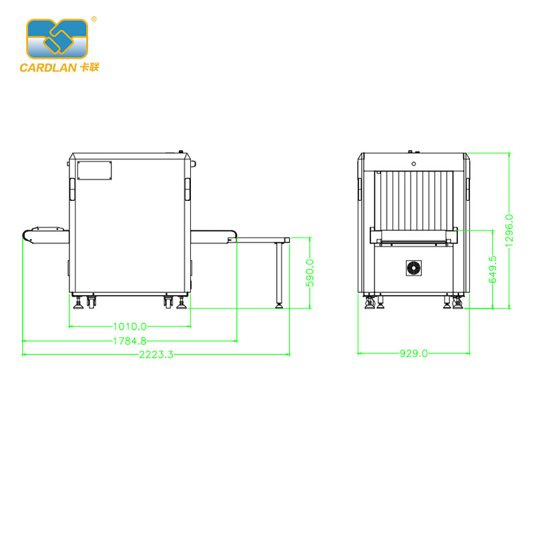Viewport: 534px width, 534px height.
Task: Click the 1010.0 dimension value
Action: click(x=129, y=326)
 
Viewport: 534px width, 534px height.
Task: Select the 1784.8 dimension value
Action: click(x=129, y=341)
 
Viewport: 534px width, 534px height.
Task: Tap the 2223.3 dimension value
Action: click(x=156, y=354)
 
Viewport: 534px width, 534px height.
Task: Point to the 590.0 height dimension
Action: click(x=310, y=273)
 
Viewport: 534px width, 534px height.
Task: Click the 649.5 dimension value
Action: click(x=493, y=270)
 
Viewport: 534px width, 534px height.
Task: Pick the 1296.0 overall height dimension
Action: click(x=509, y=230)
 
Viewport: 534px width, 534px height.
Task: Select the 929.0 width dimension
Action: click(x=414, y=354)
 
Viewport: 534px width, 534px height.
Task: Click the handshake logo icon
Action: click(x=57, y=39)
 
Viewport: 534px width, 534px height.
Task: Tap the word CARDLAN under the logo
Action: click(x=48, y=67)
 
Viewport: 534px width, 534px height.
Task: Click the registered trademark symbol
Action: click(x=94, y=19)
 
